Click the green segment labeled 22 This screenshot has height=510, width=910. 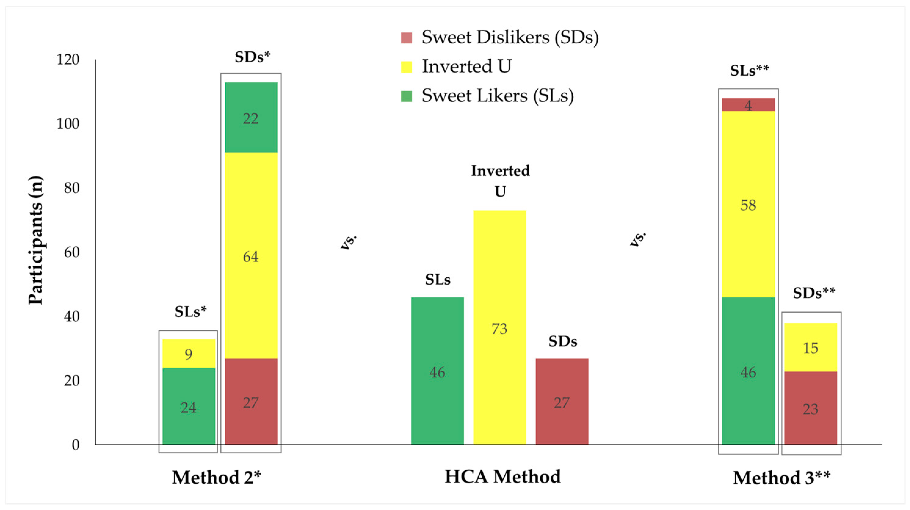251,117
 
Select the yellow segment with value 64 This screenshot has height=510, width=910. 251,256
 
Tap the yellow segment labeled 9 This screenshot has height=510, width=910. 189,353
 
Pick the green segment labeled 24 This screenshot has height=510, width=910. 189,407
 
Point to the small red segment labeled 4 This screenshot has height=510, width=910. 748,105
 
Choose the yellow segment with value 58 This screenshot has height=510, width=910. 748,204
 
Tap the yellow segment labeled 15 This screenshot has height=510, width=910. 810,347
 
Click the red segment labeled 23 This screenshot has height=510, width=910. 810,408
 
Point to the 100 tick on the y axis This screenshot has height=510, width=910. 68,124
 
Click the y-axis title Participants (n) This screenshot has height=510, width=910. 36,240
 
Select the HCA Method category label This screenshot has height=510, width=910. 502,476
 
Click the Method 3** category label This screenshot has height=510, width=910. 781,478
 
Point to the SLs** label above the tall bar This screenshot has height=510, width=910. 749,70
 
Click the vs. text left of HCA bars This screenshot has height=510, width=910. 349,242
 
